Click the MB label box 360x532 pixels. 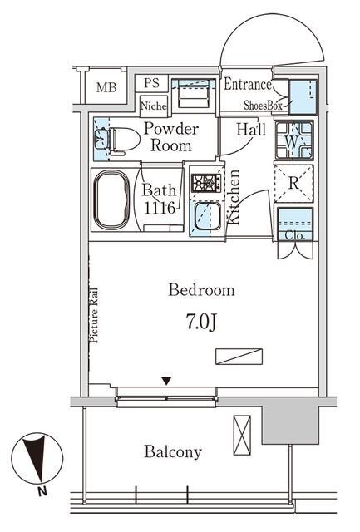(x=106, y=88)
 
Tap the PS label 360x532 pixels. (x=151, y=83)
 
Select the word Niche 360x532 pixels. (x=153, y=106)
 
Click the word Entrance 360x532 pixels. (x=247, y=85)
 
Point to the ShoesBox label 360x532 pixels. (x=264, y=106)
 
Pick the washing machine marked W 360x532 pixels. (x=294, y=141)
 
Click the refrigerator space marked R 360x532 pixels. (x=294, y=184)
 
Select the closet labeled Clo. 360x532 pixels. (x=294, y=227)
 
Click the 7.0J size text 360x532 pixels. (x=200, y=321)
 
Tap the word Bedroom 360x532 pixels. (x=201, y=290)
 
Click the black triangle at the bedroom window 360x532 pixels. (x=166, y=381)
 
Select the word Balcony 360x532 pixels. (x=173, y=452)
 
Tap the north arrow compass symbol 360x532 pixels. (x=35, y=460)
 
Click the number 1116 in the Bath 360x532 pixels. (x=158, y=209)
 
